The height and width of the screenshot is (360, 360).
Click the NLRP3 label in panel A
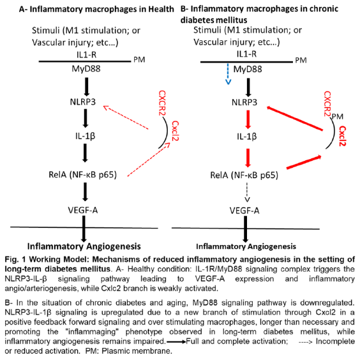coord(84,101)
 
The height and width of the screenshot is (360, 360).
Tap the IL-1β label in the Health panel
coord(84,136)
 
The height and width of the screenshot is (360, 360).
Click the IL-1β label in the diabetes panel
coord(247,136)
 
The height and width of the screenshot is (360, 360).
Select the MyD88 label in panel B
coord(247,68)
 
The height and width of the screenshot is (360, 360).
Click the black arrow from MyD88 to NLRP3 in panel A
coord(84,84)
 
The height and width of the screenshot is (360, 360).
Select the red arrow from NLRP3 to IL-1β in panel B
coord(247,119)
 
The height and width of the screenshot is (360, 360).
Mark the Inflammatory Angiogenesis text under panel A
coord(84,246)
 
